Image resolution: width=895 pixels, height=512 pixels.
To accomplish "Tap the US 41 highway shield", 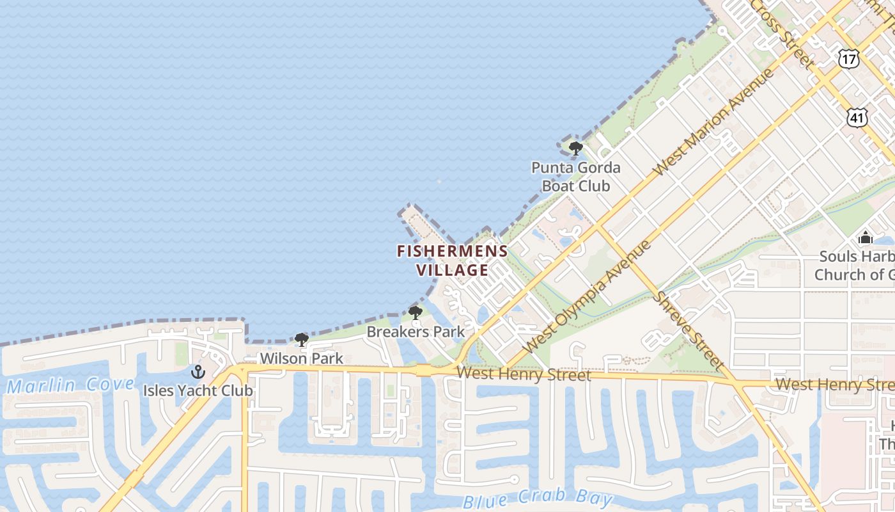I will coord(857,116).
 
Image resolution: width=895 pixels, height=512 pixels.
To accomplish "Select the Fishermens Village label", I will coord(453,260).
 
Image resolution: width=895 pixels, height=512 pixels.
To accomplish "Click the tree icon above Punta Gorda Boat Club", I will coord(575,149).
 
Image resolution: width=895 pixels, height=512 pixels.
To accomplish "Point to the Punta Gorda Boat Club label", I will coord(576,177).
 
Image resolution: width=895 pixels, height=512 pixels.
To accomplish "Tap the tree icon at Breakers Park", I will coord(415,313).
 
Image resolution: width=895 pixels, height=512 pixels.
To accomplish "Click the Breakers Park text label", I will coord(416,332).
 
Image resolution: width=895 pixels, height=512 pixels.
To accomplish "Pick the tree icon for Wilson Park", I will coord(302,340).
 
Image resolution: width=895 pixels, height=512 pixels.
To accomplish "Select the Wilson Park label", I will coord(301,358).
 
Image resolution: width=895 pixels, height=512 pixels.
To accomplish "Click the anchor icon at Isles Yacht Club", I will coord(198,372).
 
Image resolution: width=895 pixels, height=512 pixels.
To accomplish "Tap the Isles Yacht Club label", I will coord(198,390).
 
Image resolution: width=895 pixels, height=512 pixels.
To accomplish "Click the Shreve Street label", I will coord(689,330).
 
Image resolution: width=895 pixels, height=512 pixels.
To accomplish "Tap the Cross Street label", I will coord(784,32).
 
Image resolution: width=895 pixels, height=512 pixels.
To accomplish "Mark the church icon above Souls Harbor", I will coord(866,238).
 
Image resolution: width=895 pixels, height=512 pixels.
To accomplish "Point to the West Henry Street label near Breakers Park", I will coord(524,374).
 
